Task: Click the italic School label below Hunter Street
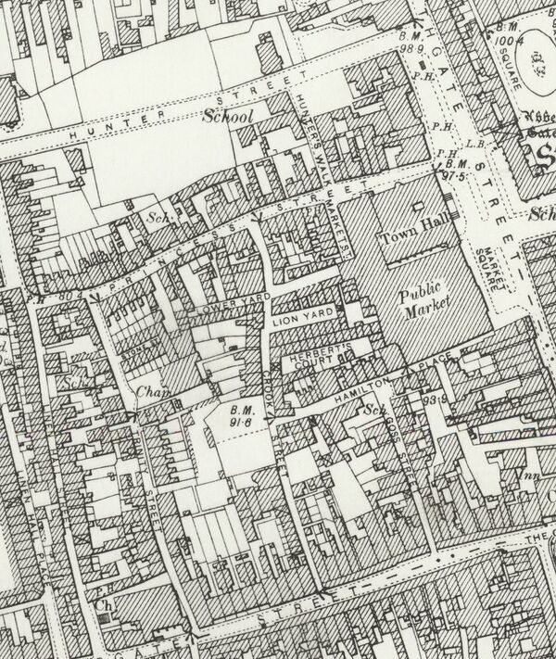click(x=229, y=118)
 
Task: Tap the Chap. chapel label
click(x=151, y=391)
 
